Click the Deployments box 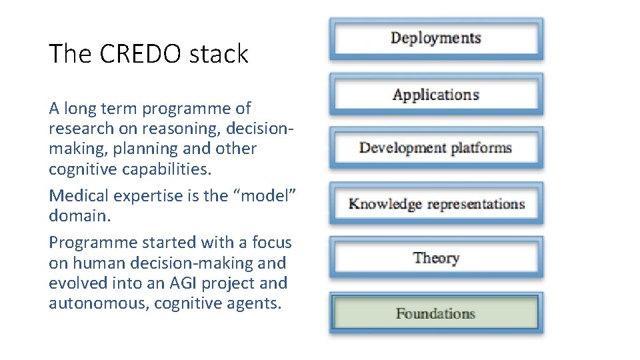pyautogui.click(x=436, y=39)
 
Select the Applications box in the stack pyautogui.click(x=436, y=95)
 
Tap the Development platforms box pyautogui.click(x=436, y=148)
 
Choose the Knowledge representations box pyautogui.click(x=436, y=204)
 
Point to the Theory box pyautogui.click(x=436, y=258)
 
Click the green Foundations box pyautogui.click(x=436, y=313)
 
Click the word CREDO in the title pyautogui.click(x=131, y=54)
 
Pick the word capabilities pyautogui.click(x=166, y=169)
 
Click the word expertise pyautogui.click(x=137, y=196)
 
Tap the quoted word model pyautogui.click(x=270, y=196)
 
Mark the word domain pyautogui.click(x=75, y=216)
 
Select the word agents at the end pyautogui.click(x=257, y=303)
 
